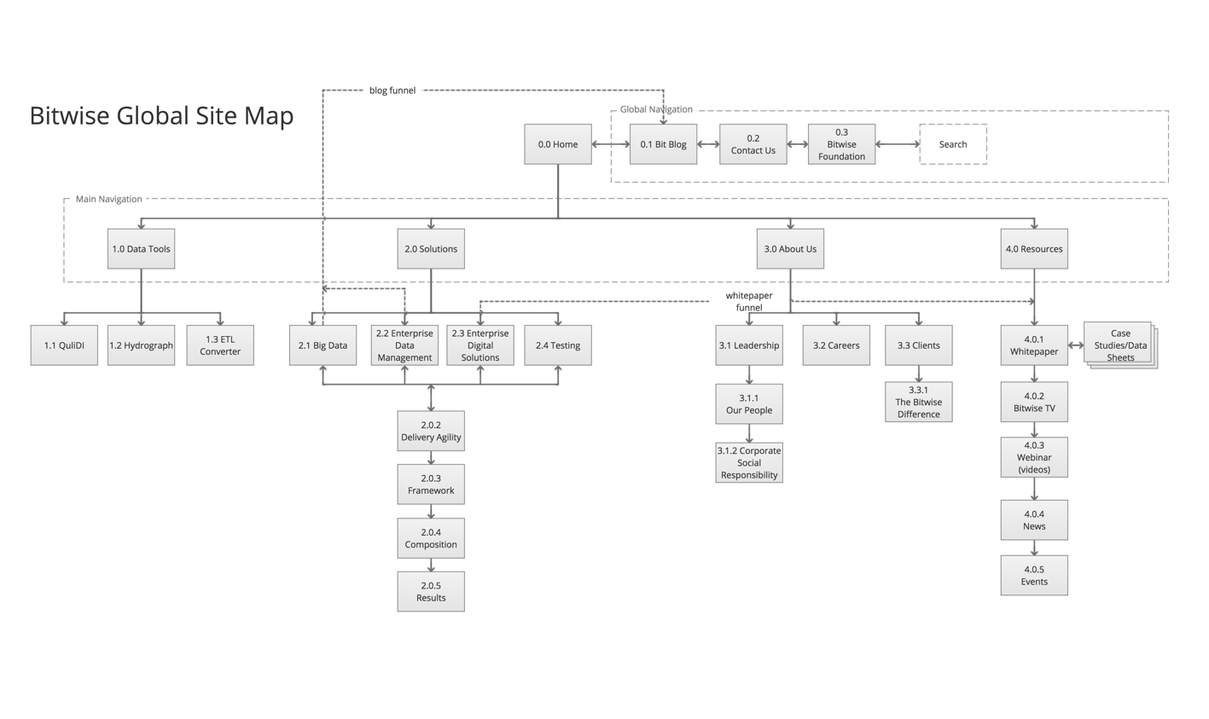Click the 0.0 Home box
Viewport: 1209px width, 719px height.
point(557,144)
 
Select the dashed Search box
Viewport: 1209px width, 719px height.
point(953,144)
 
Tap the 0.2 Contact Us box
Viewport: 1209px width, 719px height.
point(753,144)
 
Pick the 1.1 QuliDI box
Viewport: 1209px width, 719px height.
point(64,345)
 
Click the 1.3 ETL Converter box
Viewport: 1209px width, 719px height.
point(220,345)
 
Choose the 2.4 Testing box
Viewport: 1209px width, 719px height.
point(557,345)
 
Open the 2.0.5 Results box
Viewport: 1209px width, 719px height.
point(431,591)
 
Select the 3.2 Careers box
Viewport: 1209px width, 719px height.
point(836,345)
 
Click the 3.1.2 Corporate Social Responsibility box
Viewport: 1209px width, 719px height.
point(749,462)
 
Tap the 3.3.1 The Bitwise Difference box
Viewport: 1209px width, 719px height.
point(919,402)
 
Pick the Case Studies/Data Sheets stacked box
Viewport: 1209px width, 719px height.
point(1120,345)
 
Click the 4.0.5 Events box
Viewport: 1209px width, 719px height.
point(1034,575)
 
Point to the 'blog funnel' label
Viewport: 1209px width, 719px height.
point(392,90)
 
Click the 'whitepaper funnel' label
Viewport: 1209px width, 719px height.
point(749,302)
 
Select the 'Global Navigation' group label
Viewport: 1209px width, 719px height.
point(656,109)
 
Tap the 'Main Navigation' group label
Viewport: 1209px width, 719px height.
point(108,199)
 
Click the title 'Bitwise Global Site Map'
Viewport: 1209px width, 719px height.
point(161,115)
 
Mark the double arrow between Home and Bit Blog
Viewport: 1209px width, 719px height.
point(610,144)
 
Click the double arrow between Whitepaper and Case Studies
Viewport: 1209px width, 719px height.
point(1076,345)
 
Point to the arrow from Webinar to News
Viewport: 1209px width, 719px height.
point(1034,489)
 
